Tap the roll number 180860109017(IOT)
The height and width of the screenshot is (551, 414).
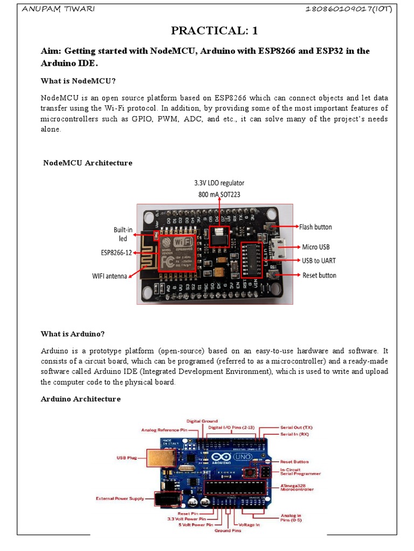pos(348,10)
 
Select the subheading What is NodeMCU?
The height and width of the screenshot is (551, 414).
pos(79,81)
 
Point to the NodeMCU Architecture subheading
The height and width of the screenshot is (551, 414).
pos(87,163)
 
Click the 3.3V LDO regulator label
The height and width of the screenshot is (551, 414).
pos(216,183)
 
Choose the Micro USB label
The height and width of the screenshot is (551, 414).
pos(316,247)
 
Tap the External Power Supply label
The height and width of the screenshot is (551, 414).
pos(120,499)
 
